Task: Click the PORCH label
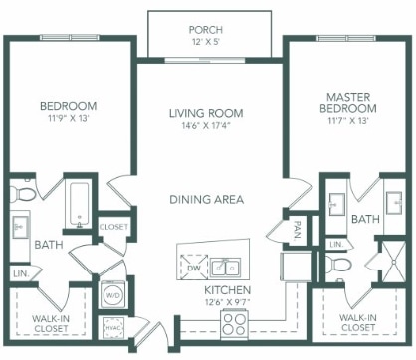206,30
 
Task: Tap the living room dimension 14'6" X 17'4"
206,126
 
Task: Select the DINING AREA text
207,199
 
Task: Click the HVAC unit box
113,328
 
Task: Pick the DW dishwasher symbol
194,268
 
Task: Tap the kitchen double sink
225,268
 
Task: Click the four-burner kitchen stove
235,324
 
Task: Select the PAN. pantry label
297,230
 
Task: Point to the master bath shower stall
393,262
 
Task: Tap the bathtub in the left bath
79,205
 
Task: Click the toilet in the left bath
21,193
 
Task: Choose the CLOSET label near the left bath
113,227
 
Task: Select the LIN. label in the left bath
21,274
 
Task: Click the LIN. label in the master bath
336,245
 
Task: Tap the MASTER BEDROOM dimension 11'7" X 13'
348,121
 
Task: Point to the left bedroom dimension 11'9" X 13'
68,118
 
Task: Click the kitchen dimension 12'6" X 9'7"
227,302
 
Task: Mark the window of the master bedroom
346,38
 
